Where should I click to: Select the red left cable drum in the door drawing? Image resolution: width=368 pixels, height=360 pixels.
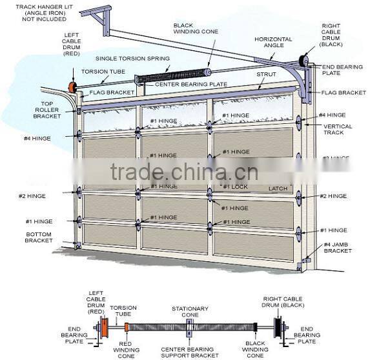[x=72, y=86]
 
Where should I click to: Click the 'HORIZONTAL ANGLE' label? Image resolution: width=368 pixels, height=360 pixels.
[x=273, y=43]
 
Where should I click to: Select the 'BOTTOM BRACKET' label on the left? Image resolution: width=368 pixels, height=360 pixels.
[x=39, y=237]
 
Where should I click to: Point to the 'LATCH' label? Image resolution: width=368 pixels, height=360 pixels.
[x=278, y=188]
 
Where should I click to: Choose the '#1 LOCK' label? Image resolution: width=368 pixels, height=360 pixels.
[x=236, y=186]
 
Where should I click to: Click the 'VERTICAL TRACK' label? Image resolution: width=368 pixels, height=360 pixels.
[x=338, y=130]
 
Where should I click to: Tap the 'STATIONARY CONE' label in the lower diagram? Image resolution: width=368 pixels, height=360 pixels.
[x=189, y=312]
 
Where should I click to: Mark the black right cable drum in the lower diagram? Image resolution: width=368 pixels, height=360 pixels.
[x=278, y=326]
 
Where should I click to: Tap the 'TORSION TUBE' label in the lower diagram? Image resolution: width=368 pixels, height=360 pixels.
[x=123, y=312]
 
